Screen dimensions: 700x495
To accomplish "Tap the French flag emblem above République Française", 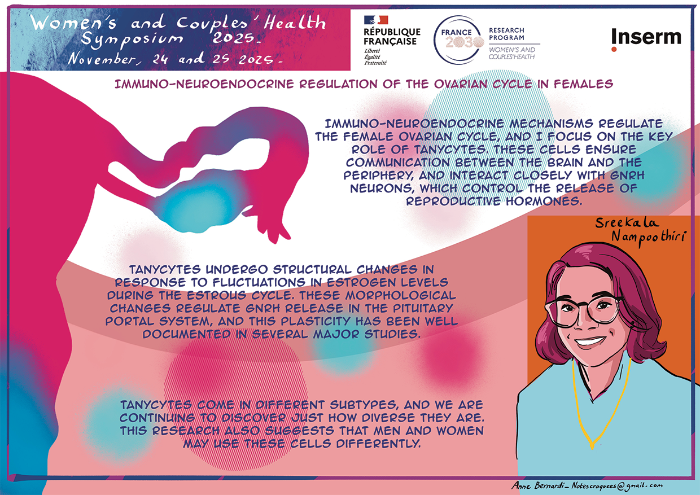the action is coord(376,20).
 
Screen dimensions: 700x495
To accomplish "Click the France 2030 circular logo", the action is coord(459,40).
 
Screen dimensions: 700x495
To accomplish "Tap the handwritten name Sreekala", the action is coord(627,223).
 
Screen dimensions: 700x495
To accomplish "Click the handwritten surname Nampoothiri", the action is coord(649,237).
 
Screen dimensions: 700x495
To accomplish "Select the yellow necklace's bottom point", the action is coord(592,448).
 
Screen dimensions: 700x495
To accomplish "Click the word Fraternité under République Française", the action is coord(375,63).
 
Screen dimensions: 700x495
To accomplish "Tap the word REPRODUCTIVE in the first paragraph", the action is coord(453,201).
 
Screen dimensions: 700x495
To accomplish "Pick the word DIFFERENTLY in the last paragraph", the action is coord(378,444).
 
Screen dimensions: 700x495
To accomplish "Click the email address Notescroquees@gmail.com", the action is coord(617,485).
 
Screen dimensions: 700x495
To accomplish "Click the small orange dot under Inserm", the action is coord(614,49).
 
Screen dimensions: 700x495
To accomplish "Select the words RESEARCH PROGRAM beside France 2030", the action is coord(506,34).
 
